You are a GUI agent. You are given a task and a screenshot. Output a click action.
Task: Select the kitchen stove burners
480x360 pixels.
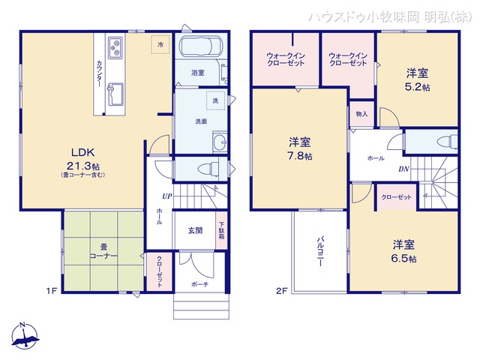coord(115,49)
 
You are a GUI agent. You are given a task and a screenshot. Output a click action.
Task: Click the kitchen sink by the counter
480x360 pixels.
coord(115,95)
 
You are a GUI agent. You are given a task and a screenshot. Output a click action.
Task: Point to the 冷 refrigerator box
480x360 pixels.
coord(160,45)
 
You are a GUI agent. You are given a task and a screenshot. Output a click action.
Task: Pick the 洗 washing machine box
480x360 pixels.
coord(214,100)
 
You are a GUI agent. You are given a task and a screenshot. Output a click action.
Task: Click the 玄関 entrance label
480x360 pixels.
coord(195,231)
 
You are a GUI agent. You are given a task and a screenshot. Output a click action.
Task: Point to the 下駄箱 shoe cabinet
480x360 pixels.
coord(221,229)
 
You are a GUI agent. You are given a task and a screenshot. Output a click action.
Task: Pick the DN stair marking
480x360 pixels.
coord(403,169)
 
